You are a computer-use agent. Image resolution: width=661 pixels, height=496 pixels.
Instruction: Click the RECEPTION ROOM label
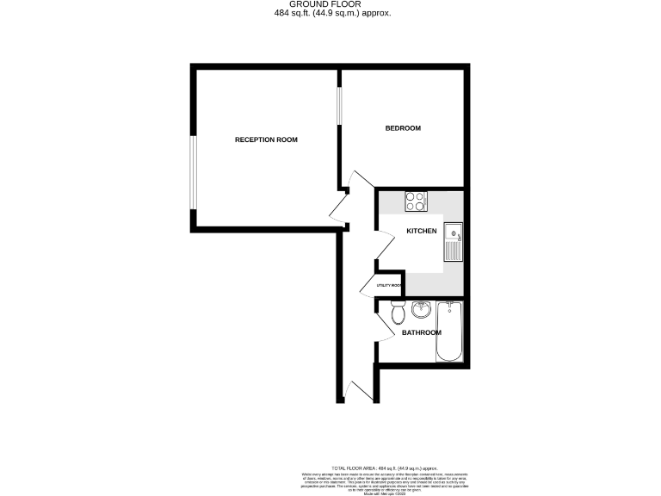(266, 139)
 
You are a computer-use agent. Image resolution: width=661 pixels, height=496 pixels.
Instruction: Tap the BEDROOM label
(402, 128)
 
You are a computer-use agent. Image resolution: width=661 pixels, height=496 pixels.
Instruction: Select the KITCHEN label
(422, 231)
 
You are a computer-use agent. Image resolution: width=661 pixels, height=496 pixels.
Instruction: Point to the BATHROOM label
(421, 332)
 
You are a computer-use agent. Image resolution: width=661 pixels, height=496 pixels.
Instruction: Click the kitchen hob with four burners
(416, 201)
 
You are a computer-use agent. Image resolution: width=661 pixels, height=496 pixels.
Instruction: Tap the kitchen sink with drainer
(453, 241)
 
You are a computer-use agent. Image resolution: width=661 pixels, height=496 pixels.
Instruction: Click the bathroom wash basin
(421, 310)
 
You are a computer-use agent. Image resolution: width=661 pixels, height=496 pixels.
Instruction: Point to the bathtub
(449, 332)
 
